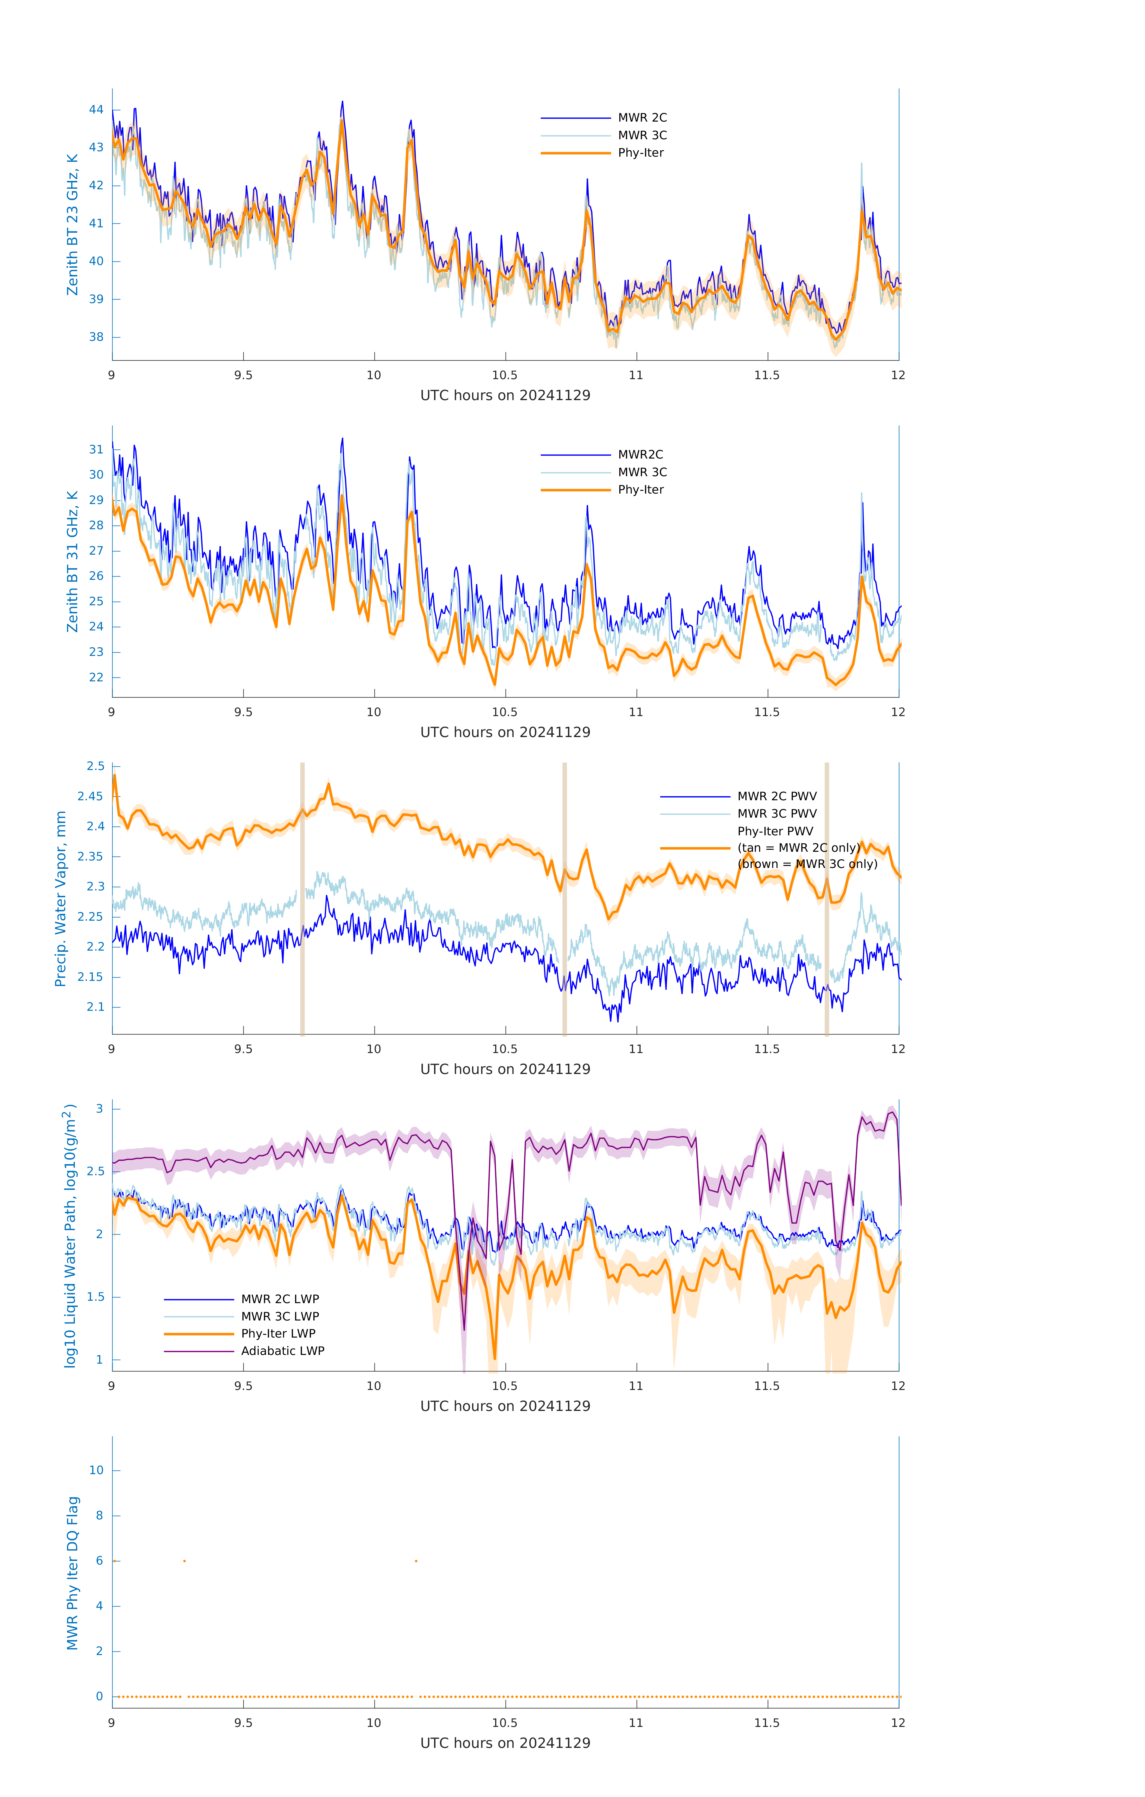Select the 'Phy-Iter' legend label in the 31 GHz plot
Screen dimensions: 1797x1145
(x=640, y=490)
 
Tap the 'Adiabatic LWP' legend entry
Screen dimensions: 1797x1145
(x=283, y=1351)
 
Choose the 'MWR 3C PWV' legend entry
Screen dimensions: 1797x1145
(x=777, y=813)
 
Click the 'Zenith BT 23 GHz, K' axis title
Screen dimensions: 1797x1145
(x=72, y=225)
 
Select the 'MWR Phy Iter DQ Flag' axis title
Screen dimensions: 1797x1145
(x=72, y=1573)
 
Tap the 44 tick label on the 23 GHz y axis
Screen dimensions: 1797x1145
(x=96, y=110)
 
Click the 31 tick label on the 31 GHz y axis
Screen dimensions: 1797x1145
(x=96, y=449)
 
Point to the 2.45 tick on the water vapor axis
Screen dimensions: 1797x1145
(x=90, y=796)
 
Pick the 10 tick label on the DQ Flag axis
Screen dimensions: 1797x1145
(x=96, y=1470)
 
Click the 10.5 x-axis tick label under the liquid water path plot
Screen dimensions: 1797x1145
(x=505, y=1386)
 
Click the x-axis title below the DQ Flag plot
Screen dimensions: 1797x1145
(x=505, y=1743)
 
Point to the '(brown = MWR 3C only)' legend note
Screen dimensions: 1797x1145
(x=807, y=864)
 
